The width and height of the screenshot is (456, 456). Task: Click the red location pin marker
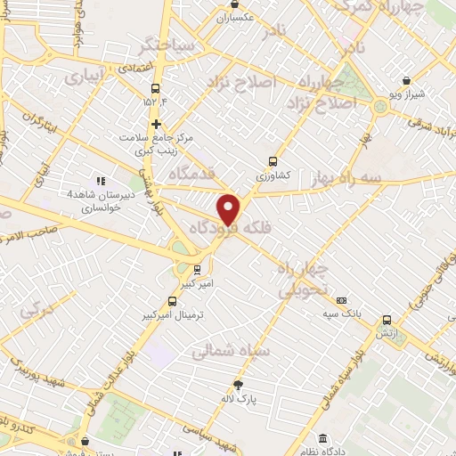coord(229,208)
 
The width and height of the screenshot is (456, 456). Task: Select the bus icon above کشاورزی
coord(273,162)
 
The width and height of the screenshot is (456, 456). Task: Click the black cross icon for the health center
coord(156,124)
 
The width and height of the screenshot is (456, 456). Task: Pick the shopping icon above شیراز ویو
coord(406,80)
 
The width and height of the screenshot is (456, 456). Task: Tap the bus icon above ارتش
coord(387,320)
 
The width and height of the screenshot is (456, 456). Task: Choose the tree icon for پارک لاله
coord(261,387)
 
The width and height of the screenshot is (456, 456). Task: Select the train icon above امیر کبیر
coord(197,268)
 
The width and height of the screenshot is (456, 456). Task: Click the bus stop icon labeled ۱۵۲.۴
coord(156,88)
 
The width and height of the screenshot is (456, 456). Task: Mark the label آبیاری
coord(85,77)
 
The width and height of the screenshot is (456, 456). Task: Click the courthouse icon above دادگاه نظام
coord(323,439)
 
